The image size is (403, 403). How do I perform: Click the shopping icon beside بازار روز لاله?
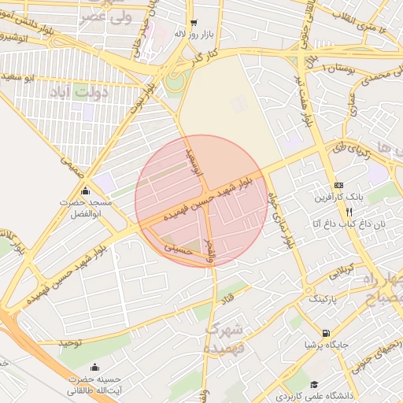tap(194, 23)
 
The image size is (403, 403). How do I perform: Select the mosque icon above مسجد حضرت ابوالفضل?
tap(85, 190)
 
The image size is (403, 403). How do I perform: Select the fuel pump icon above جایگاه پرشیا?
tap(326, 333)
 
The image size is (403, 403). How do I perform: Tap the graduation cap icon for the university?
tap(315, 385)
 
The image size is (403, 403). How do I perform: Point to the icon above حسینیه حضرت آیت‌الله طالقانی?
tap(95, 367)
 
